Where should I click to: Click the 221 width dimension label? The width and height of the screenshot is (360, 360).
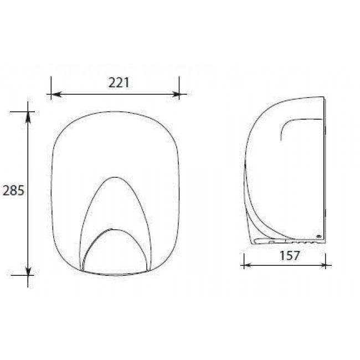(119, 83)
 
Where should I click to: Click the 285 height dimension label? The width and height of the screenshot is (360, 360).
(13, 191)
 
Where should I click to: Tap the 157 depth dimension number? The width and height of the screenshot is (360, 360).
(290, 255)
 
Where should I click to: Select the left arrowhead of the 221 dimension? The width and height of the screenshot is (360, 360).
(56, 94)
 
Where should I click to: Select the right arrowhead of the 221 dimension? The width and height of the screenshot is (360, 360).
(174, 94)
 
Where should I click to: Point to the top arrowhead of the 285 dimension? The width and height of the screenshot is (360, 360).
(28, 116)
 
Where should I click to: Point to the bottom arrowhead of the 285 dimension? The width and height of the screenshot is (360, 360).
(28, 270)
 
